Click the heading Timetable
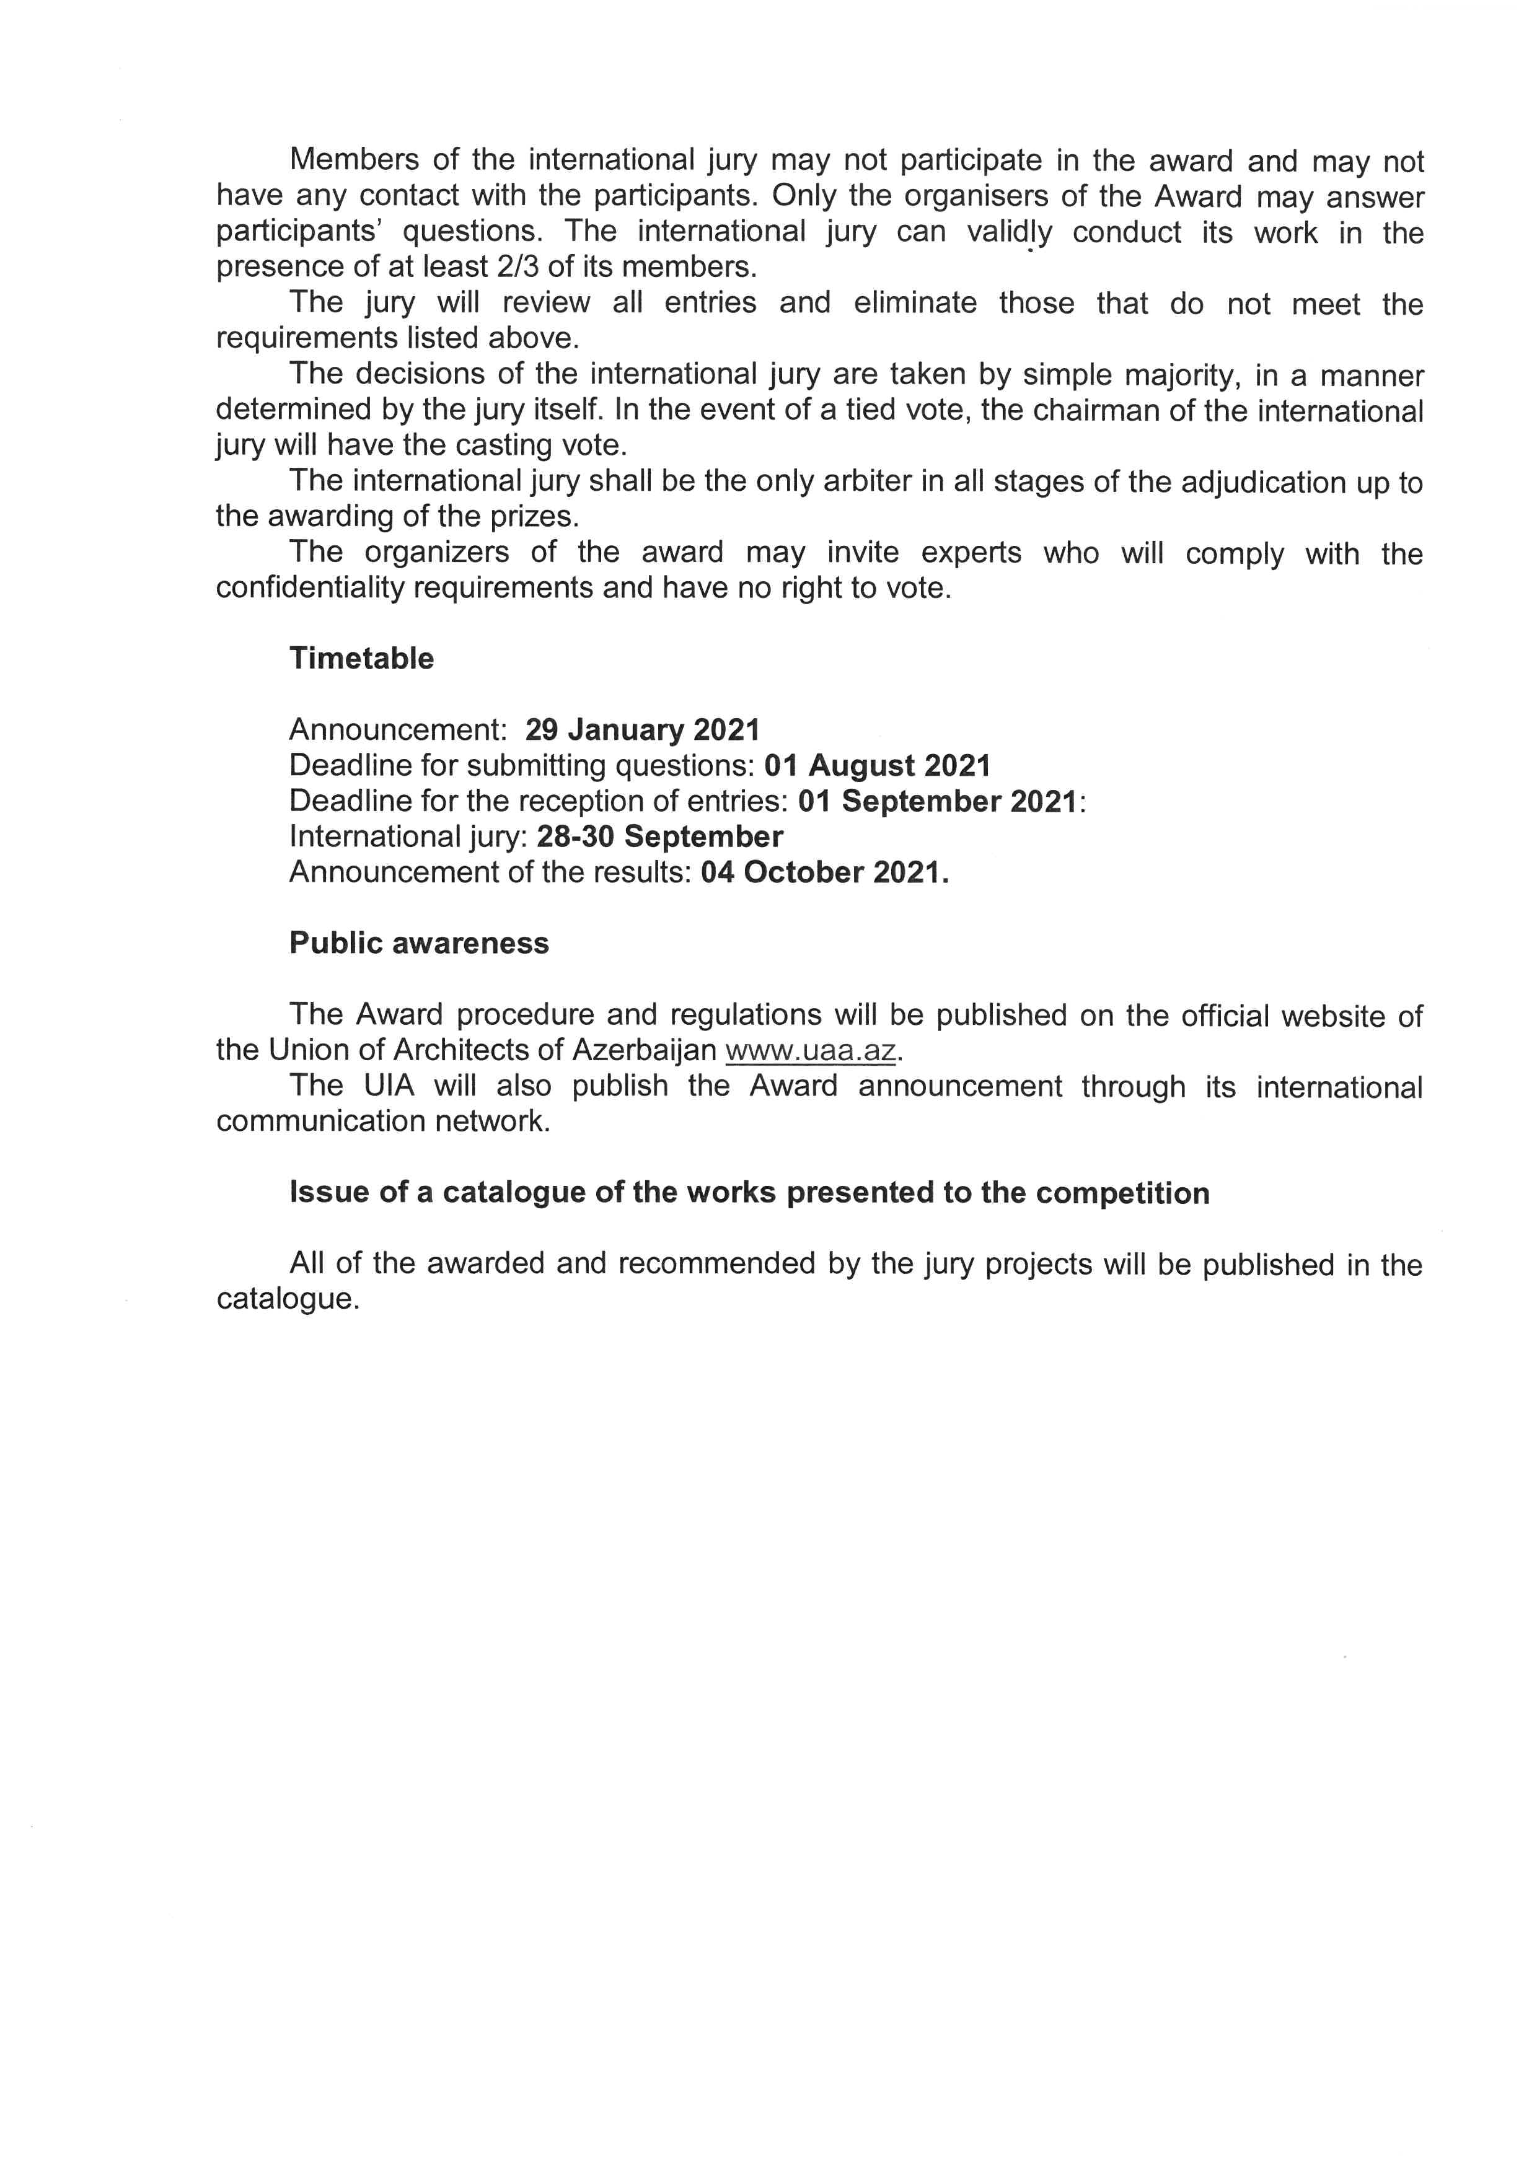361,659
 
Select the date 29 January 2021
643,730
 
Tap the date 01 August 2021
878,766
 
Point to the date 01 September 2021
937,802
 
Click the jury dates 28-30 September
659,836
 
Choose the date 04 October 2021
824,872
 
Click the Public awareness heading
420,944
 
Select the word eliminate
915,304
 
